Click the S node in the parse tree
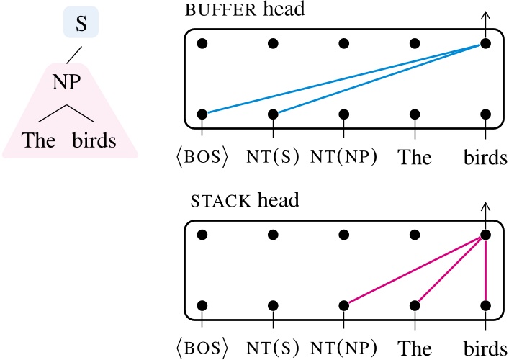[x=81, y=24]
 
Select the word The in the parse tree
[x=38, y=140]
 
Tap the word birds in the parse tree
[x=94, y=140]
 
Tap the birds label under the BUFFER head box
[x=486, y=158]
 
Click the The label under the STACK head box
[x=415, y=348]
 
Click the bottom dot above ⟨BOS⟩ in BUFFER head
[x=202, y=114]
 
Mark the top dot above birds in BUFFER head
[x=486, y=44]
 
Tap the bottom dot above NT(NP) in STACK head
[x=344, y=305]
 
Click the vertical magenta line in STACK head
[x=486, y=270]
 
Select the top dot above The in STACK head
[x=415, y=235]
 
